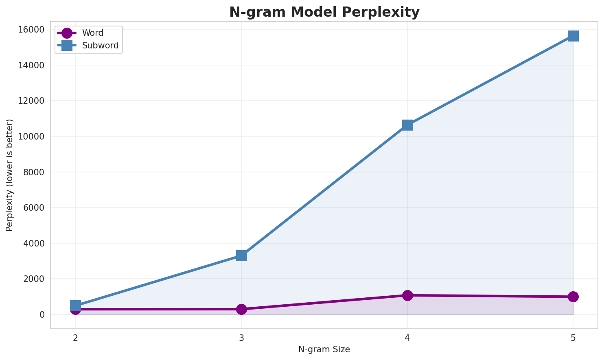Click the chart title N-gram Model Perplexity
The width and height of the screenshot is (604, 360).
[x=324, y=12]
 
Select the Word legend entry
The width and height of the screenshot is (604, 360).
[x=92, y=33]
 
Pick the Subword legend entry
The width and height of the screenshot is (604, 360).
[x=100, y=46]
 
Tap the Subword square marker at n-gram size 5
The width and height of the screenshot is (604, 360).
[x=573, y=36]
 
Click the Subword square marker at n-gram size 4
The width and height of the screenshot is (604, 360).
[x=407, y=125]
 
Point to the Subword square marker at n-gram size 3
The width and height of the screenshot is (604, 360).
[x=241, y=255]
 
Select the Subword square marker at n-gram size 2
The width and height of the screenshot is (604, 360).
[x=75, y=305]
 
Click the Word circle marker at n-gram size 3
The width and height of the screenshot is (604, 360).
[x=241, y=309]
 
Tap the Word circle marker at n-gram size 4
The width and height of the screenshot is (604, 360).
[x=407, y=295]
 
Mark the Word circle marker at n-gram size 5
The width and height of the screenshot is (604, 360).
[x=573, y=297]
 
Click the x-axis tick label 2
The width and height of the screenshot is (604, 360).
[x=75, y=338]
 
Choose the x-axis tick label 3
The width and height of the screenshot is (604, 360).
[x=241, y=338]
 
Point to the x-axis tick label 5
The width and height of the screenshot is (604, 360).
[x=573, y=338]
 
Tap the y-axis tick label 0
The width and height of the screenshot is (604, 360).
[x=42, y=314]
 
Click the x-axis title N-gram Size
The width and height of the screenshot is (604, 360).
[x=324, y=349]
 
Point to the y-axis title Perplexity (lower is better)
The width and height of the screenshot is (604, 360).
[x=10, y=175]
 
